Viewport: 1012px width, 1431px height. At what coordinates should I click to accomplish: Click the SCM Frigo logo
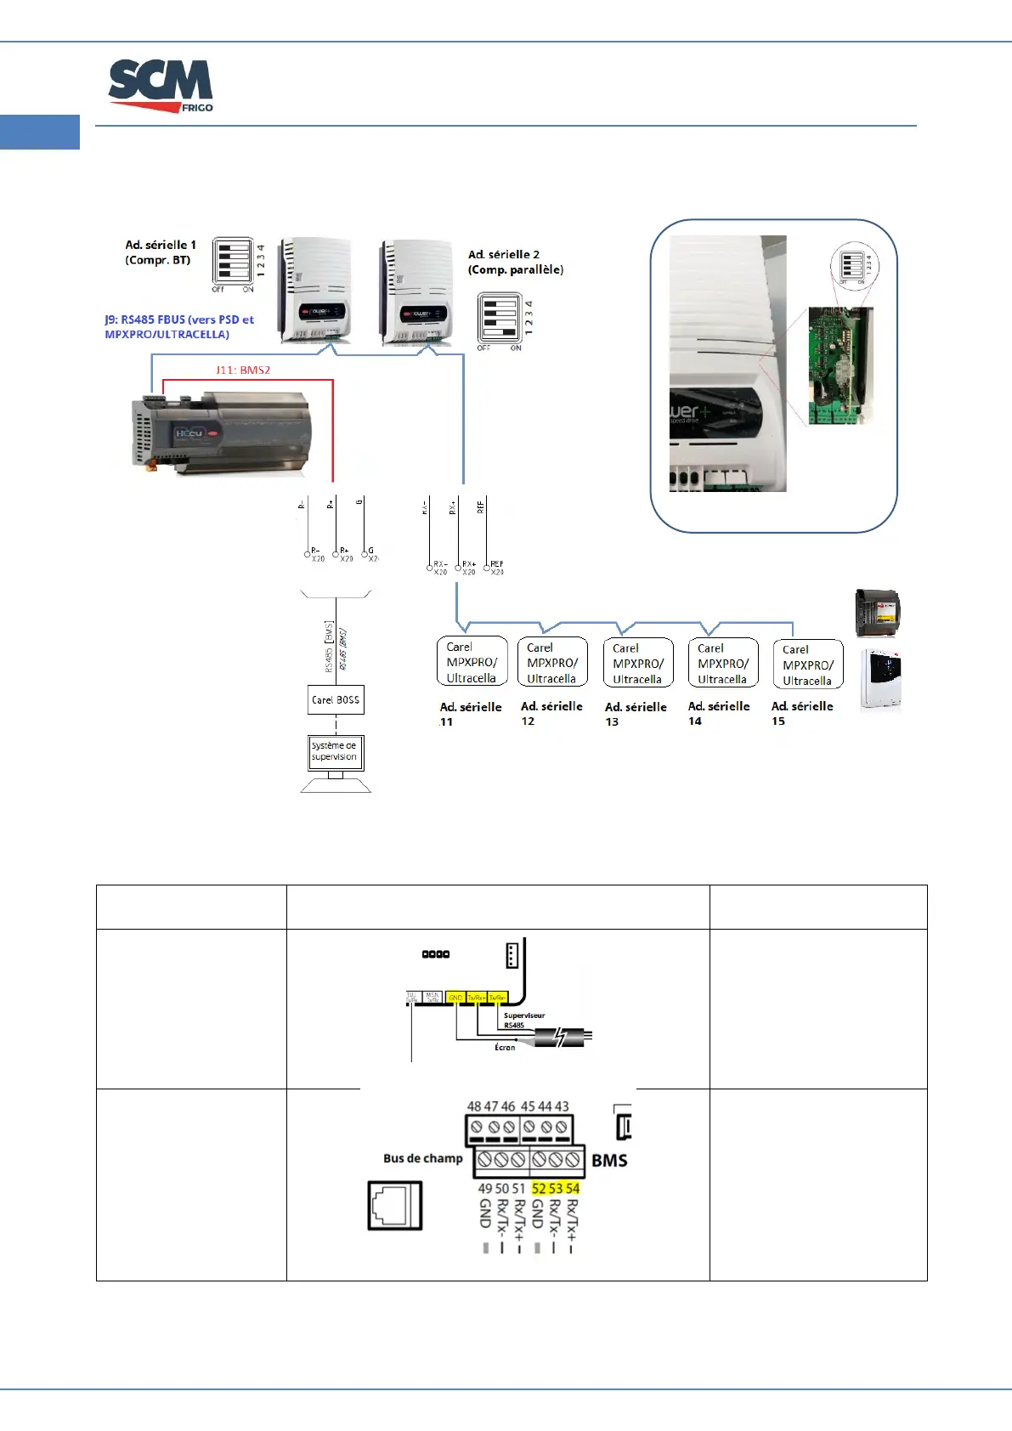tap(161, 86)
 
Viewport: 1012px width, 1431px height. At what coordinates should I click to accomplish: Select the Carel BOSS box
tap(336, 700)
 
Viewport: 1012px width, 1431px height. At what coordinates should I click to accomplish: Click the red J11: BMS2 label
tap(243, 370)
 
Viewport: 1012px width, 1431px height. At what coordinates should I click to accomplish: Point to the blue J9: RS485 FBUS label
tap(179, 327)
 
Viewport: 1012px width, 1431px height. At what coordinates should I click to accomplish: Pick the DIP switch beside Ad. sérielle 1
tap(233, 260)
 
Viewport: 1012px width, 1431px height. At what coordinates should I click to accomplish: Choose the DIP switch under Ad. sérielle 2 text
tap(499, 318)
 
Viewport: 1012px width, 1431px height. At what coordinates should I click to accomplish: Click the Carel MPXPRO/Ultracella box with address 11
tap(472, 662)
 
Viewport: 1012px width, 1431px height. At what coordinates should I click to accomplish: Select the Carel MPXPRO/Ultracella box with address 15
tap(807, 665)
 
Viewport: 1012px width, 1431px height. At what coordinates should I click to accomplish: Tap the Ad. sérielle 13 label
tap(635, 714)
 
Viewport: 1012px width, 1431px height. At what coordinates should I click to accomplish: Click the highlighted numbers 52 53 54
tap(556, 1189)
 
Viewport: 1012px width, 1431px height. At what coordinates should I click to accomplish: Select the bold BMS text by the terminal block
tap(609, 1161)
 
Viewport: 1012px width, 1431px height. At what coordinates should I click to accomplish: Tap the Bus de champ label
tap(423, 1158)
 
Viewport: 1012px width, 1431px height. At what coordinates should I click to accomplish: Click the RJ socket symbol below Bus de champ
tap(395, 1205)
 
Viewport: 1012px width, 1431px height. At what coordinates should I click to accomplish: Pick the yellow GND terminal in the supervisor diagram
tap(455, 998)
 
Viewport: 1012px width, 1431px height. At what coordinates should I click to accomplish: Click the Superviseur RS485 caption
tap(523, 1021)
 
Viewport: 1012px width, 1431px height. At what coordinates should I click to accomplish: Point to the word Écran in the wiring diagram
tap(505, 1048)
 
